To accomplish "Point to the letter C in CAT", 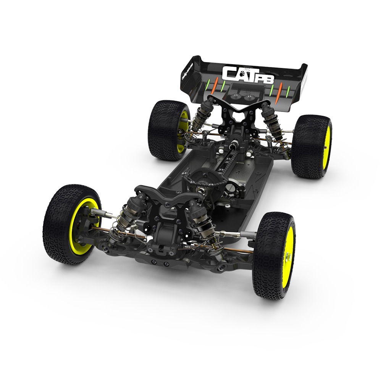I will pyautogui.click(x=229, y=73).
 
